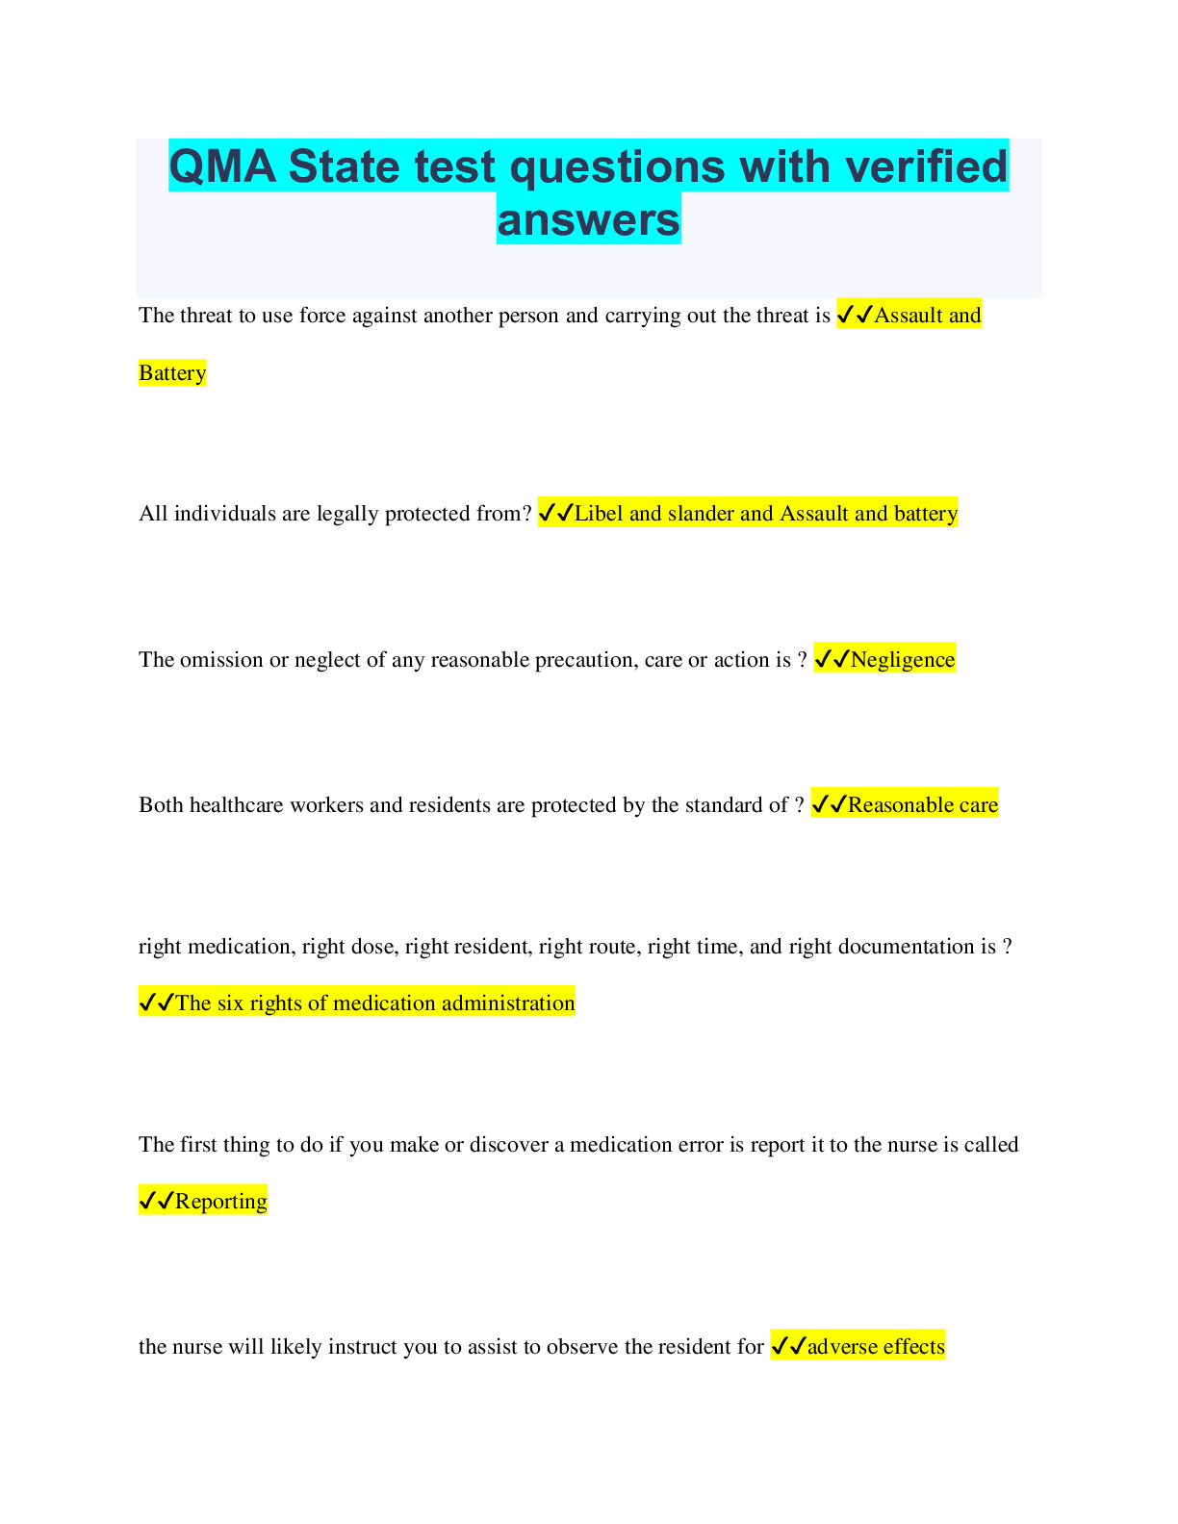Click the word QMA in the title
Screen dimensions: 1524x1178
(x=223, y=166)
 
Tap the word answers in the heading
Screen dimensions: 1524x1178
(x=588, y=219)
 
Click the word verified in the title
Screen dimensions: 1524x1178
(x=926, y=166)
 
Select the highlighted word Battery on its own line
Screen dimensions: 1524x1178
(x=172, y=373)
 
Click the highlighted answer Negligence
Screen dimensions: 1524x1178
(x=902, y=660)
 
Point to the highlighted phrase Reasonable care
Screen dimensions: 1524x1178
(x=922, y=805)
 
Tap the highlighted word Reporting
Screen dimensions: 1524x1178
(x=221, y=1202)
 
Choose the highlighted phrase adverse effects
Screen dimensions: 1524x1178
(x=876, y=1347)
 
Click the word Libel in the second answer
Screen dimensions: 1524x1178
(x=599, y=514)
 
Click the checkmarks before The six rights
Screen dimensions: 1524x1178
(x=156, y=1003)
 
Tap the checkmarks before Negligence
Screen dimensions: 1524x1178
(x=832, y=660)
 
